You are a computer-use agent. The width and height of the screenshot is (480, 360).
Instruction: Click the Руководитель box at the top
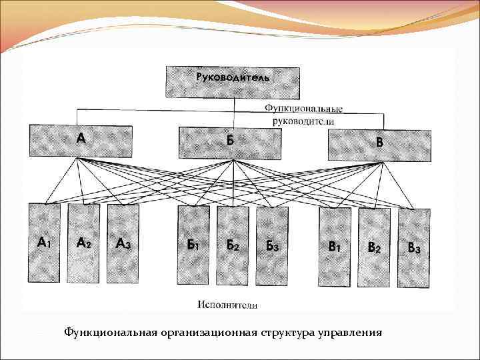tap(233, 82)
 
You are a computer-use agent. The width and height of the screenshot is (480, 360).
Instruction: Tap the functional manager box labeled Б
tap(230, 142)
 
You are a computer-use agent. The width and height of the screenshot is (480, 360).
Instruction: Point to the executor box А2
tap(84, 243)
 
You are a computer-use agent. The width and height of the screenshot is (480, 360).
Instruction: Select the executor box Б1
tap(193, 245)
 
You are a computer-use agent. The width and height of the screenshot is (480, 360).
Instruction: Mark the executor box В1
tap(335, 247)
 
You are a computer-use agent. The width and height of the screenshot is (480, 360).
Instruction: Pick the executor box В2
tap(375, 248)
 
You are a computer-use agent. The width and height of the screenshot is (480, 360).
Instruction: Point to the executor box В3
tap(414, 249)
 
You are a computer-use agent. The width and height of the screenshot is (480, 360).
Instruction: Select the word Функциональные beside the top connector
tap(303, 107)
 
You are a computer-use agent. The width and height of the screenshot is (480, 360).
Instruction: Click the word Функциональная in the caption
tap(109, 331)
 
